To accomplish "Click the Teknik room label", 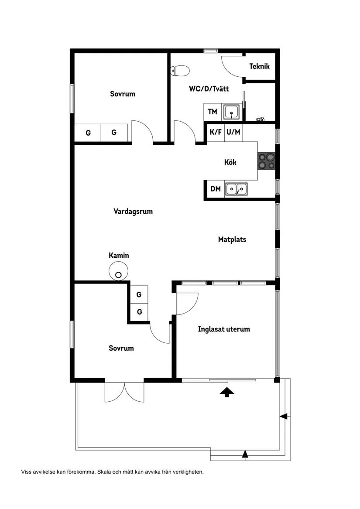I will click(x=260, y=67).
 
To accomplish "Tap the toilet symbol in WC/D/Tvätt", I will click(x=180, y=70).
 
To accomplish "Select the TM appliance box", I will click(x=213, y=112).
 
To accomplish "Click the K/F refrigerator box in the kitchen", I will click(x=216, y=133).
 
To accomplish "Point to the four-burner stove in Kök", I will click(x=266, y=161).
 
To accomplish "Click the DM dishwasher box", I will click(x=215, y=189).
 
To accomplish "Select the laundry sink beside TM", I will click(x=231, y=112).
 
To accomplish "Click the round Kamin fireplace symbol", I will click(x=118, y=271).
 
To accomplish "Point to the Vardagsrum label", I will click(x=133, y=212).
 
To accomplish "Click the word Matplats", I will click(x=232, y=239).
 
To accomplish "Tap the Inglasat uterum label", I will click(x=224, y=329).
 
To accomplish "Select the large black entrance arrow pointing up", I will click(x=226, y=392).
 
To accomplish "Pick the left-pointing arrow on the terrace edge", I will click(x=284, y=417).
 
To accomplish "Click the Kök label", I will click(x=230, y=162).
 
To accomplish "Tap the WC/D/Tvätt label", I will click(x=209, y=89).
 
